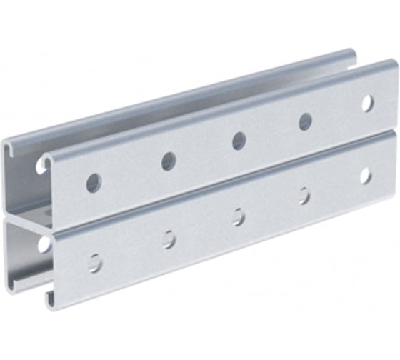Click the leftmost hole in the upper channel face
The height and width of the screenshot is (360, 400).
pyautogui.click(x=94, y=182)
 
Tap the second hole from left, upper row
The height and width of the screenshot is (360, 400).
pyautogui.click(x=169, y=161)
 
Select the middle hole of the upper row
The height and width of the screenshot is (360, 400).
pyautogui.click(x=239, y=141)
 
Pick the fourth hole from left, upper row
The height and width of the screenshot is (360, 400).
pyautogui.click(x=305, y=121)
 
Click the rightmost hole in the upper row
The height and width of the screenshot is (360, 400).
pyautogui.click(x=367, y=103)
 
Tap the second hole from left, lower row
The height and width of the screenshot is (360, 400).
pyautogui.click(x=169, y=239)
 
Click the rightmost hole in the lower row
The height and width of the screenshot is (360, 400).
pyautogui.click(x=366, y=175)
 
